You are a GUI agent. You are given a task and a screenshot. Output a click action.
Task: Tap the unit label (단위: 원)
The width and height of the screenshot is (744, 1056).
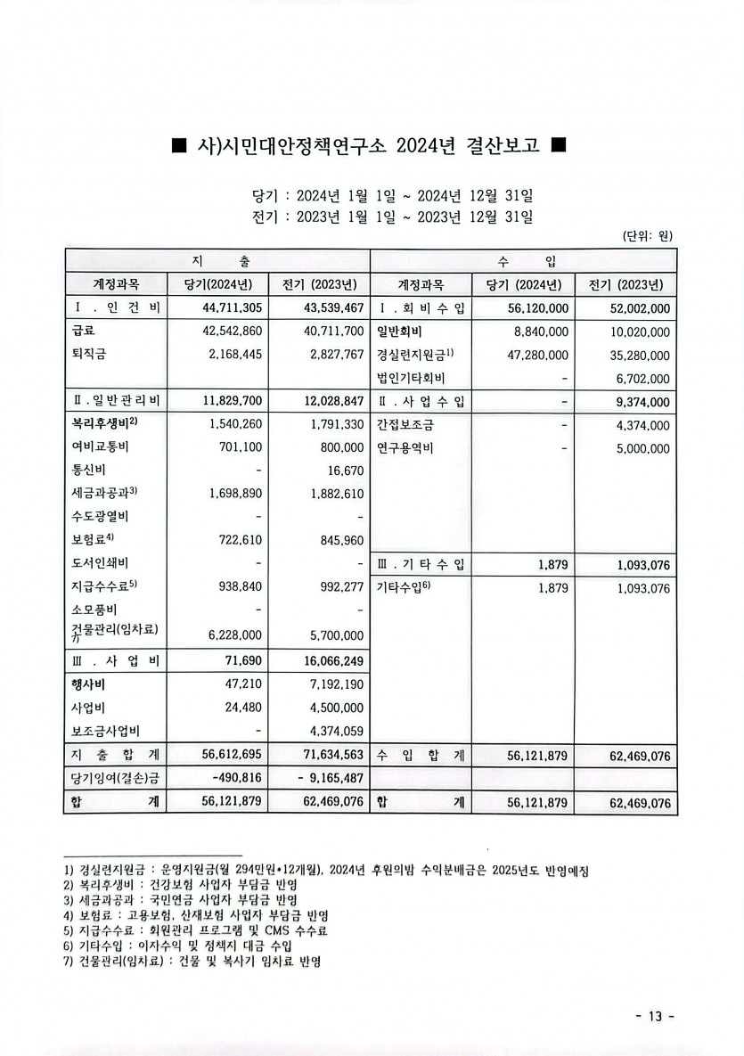point(647,236)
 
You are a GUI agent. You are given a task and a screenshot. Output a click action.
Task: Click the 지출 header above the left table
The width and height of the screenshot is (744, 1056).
point(219,260)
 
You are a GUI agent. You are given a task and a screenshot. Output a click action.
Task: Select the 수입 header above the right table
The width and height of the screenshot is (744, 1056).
point(523,260)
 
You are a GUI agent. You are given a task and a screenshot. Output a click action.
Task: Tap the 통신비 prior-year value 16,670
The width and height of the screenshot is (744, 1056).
point(345,471)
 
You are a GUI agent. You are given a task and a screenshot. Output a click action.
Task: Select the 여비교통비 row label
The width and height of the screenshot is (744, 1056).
point(100,447)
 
